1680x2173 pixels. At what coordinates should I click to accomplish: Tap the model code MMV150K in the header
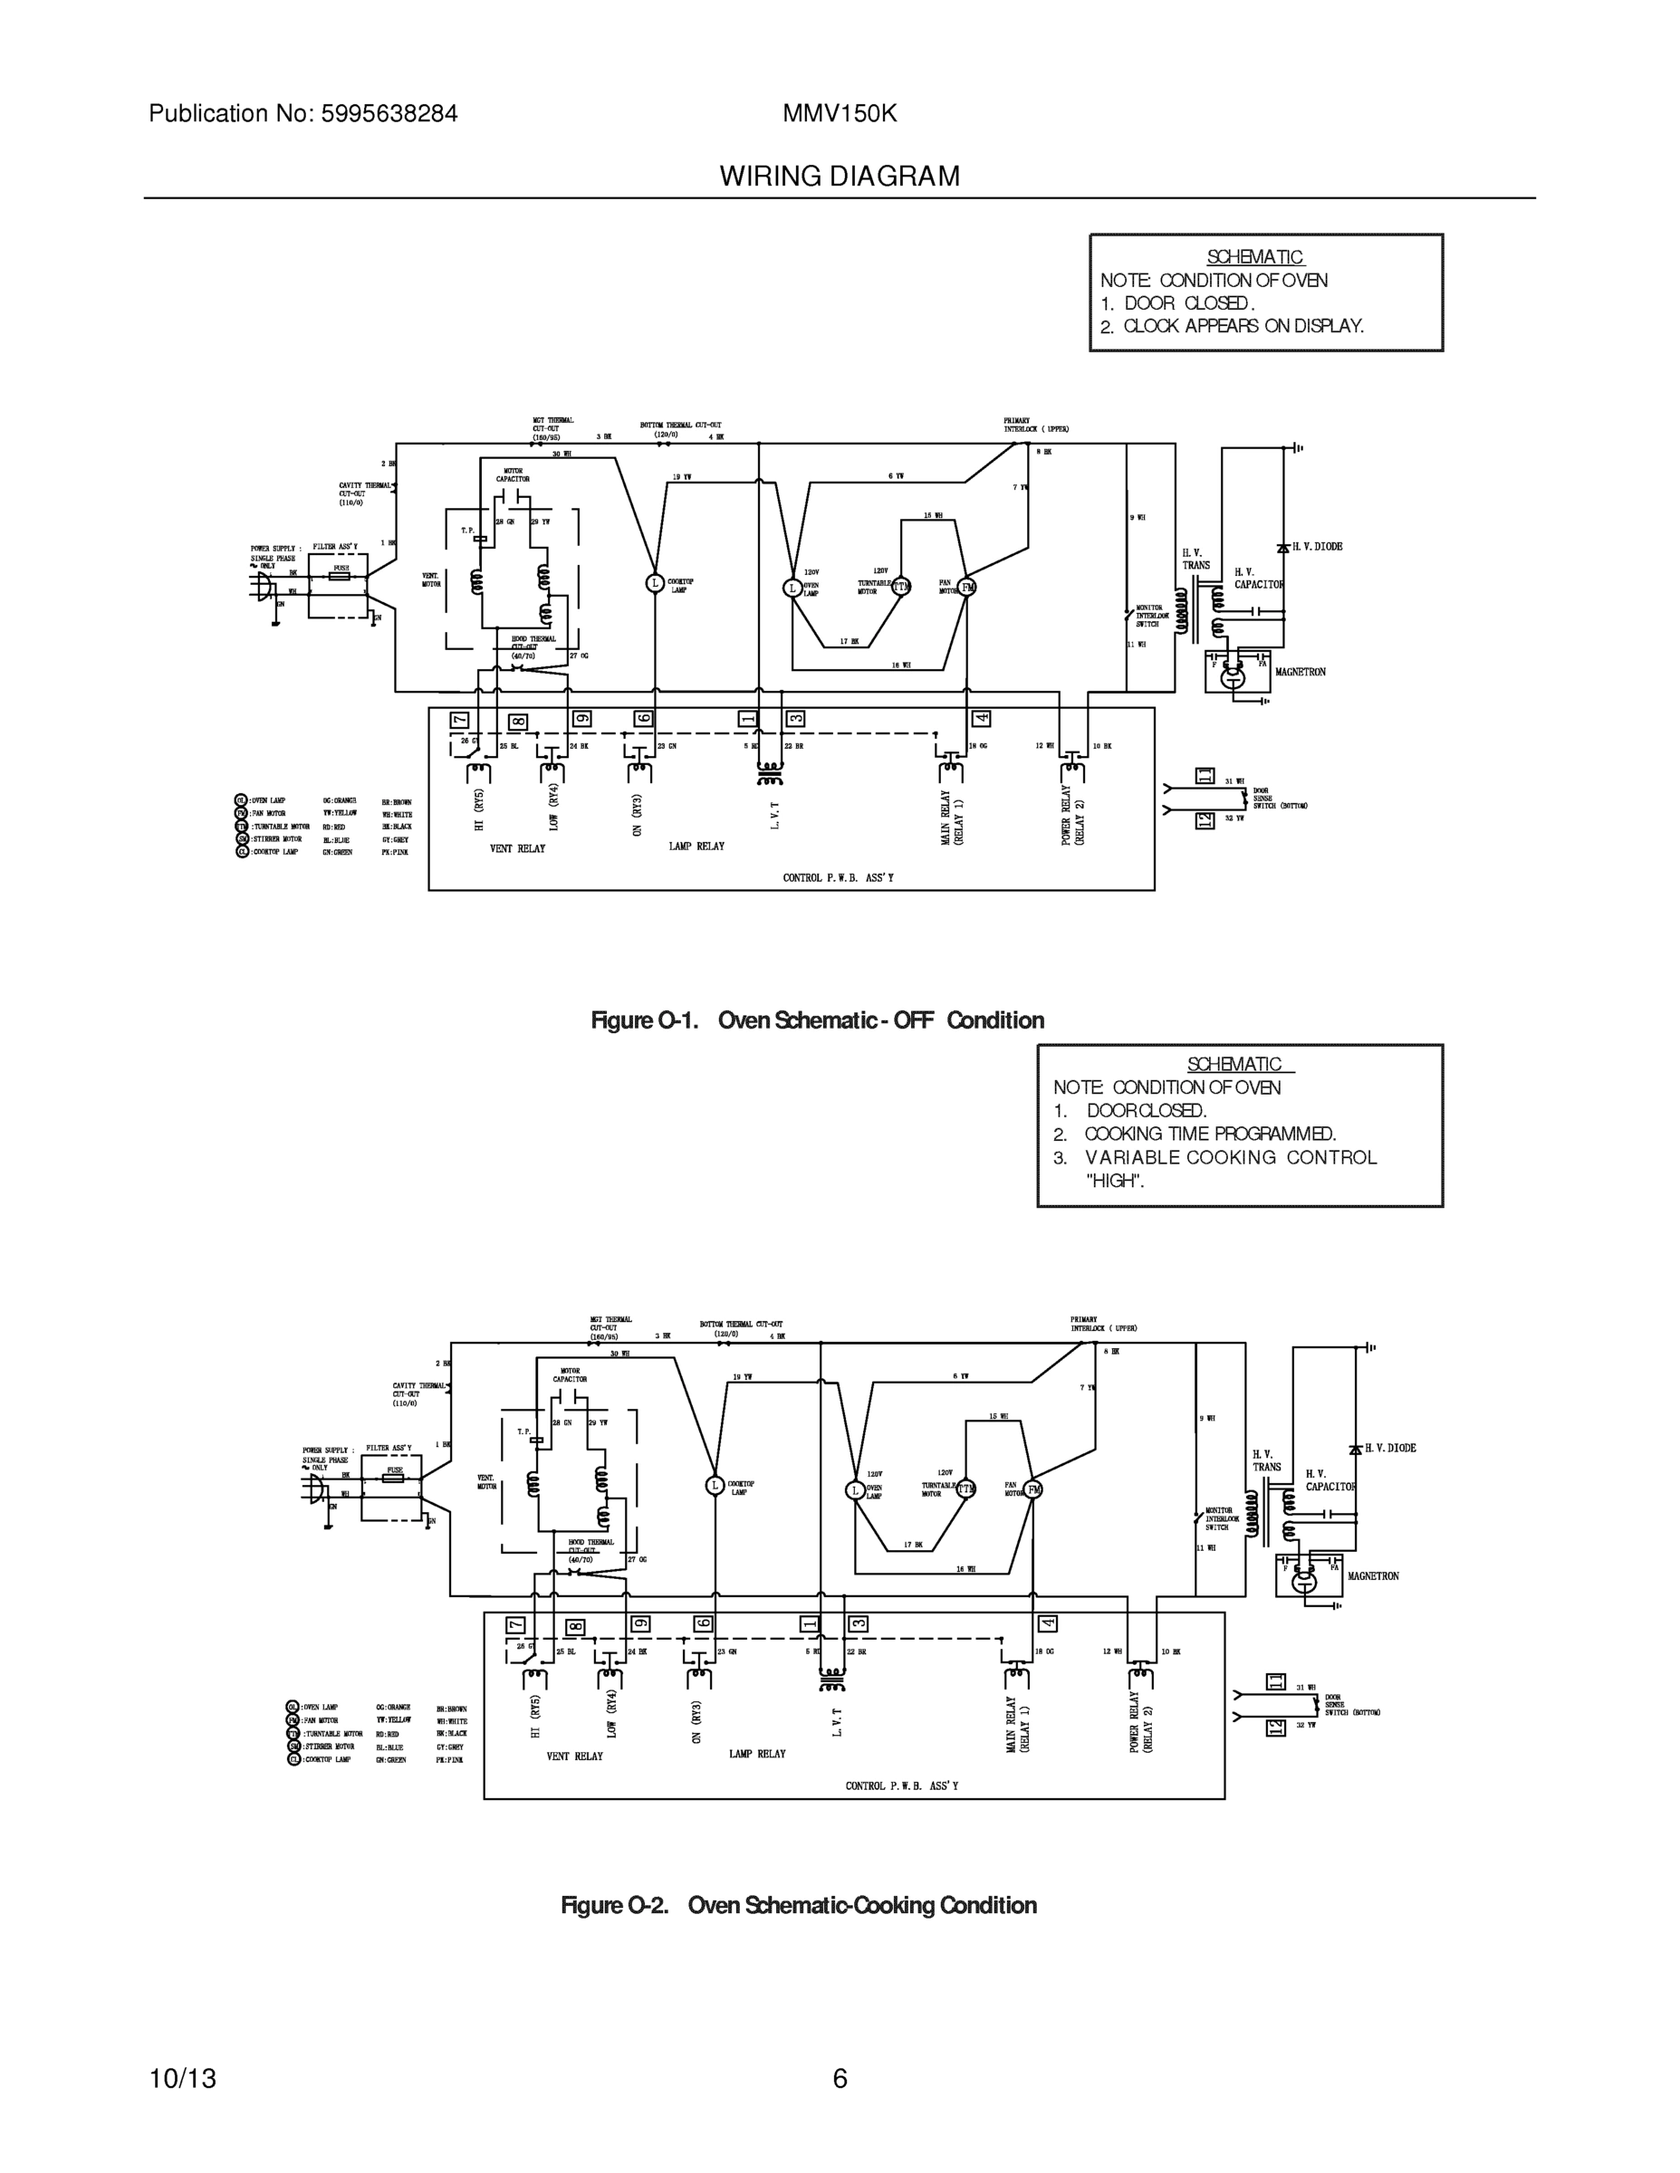click(839, 114)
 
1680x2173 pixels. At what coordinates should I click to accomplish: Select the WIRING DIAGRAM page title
click(839, 177)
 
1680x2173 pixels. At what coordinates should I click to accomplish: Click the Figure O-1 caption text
click(817, 1019)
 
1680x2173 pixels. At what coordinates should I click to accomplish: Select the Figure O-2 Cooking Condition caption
click(798, 1905)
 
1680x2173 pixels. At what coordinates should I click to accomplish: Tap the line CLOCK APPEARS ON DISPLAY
click(1243, 326)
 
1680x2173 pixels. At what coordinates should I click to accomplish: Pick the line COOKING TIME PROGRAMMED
click(1209, 1134)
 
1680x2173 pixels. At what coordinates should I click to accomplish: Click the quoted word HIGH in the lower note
click(1115, 1181)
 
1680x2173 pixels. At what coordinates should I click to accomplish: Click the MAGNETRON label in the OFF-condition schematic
click(1300, 673)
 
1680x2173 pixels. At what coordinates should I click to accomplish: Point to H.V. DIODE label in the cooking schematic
click(1389, 1449)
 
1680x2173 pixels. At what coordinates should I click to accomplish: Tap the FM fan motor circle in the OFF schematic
click(967, 587)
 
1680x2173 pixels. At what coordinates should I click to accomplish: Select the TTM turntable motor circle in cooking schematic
click(965, 1489)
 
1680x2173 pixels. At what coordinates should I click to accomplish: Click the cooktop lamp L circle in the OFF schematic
click(655, 583)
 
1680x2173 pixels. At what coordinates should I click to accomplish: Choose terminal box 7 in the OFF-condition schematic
click(459, 721)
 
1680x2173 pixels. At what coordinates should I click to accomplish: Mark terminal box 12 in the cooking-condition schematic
click(1275, 1728)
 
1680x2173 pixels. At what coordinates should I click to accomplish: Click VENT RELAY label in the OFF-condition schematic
click(517, 848)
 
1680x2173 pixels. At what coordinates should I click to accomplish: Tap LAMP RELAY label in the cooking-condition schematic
click(756, 1754)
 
